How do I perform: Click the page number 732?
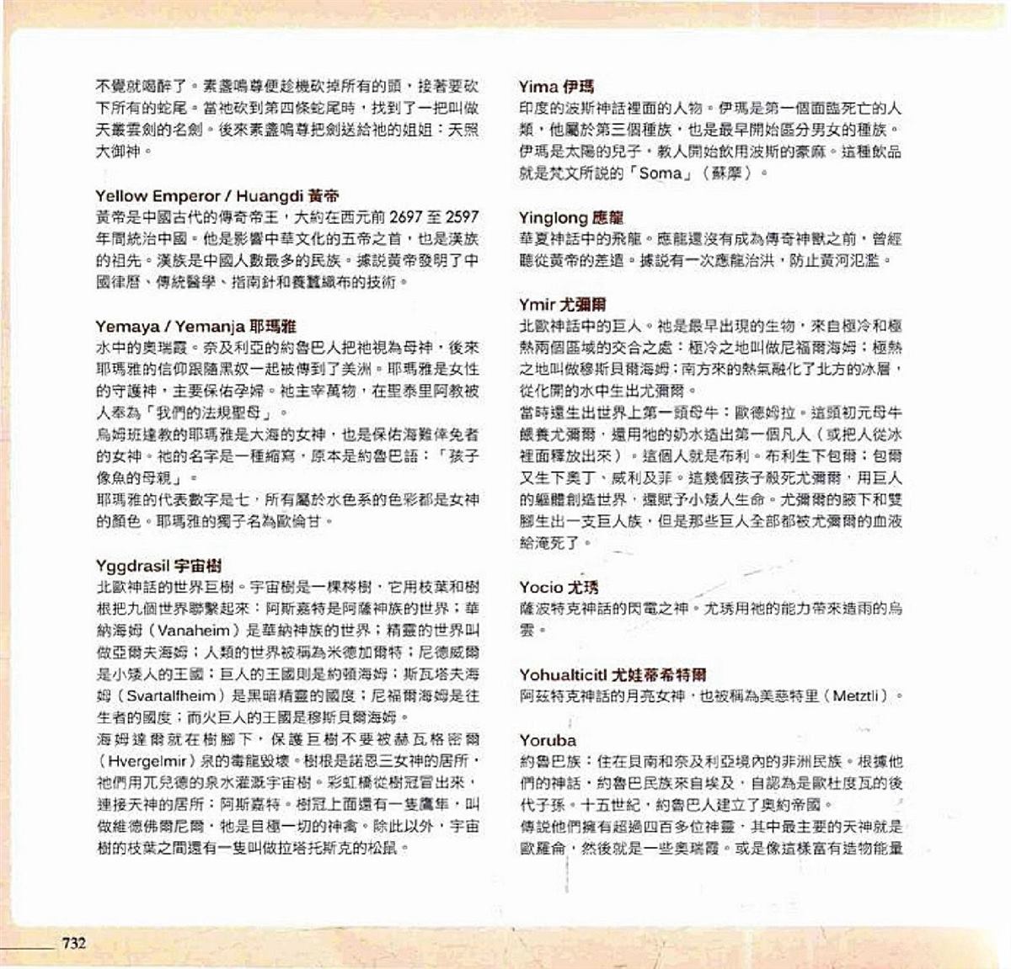tap(72, 943)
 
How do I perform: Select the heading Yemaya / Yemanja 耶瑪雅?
tap(195, 326)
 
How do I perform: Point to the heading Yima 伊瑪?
tap(557, 86)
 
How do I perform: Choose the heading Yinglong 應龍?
tap(571, 217)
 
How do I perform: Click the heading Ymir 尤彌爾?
tap(562, 304)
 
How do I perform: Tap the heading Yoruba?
tap(548, 740)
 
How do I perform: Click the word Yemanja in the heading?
tap(213, 326)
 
